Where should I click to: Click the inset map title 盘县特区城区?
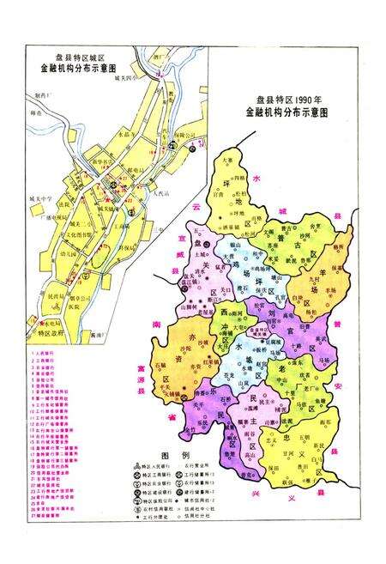pos(66,52)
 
